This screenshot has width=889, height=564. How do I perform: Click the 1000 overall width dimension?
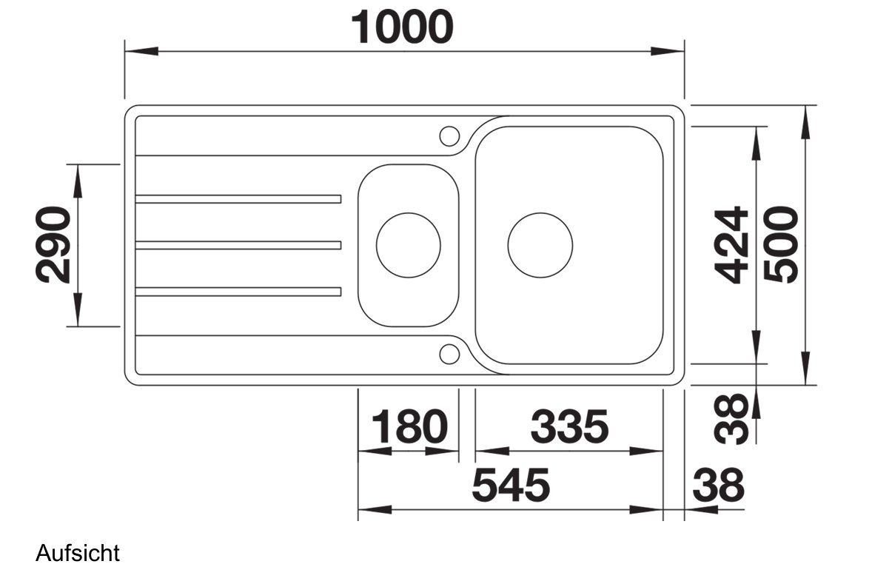click(402, 27)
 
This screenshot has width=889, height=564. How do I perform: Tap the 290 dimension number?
click(53, 245)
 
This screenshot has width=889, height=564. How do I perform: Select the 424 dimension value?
click(731, 245)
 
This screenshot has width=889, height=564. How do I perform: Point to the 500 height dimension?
click(781, 245)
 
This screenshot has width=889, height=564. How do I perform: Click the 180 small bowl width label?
click(409, 426)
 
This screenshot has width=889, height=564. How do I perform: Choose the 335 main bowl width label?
click(569, 426)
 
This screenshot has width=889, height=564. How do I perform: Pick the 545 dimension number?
click(511, 485)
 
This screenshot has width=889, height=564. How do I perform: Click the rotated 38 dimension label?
click(731, 419)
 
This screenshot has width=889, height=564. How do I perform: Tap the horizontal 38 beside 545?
click(718, 485)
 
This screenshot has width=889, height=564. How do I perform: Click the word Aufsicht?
click(78, 552)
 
